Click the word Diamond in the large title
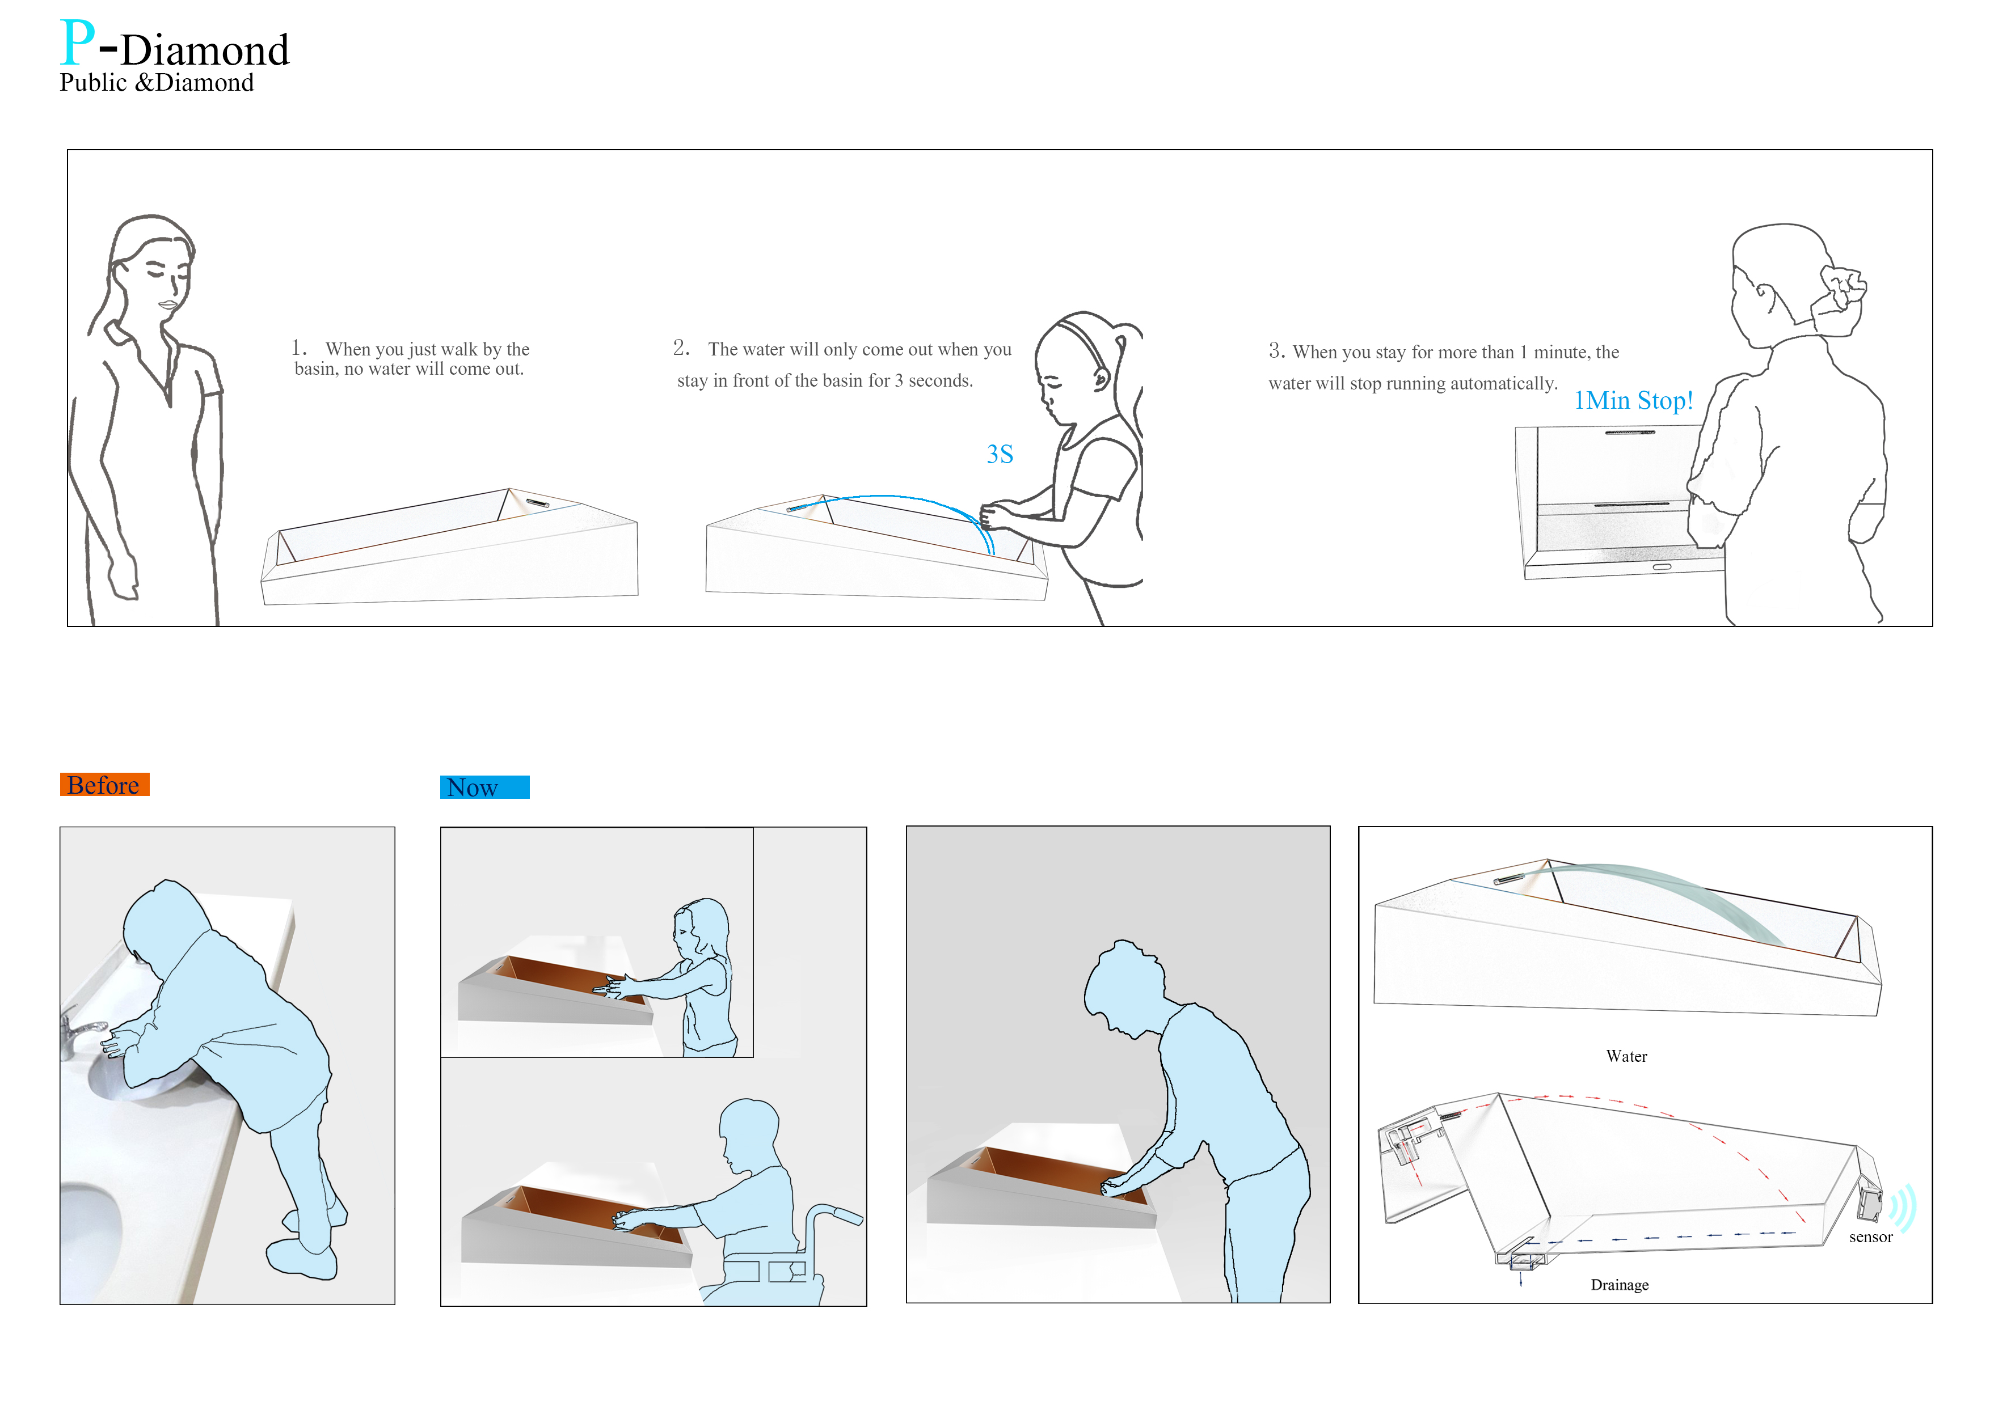[x=205, y=50]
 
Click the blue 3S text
[x=1000, y=454]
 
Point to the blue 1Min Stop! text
[x=1633, y=400]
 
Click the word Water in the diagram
[x=1626, y=1056]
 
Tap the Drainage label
[x=1619, y=1285]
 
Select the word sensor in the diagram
[x=1870, y=1237]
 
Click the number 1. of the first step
[x=298, y=348]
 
